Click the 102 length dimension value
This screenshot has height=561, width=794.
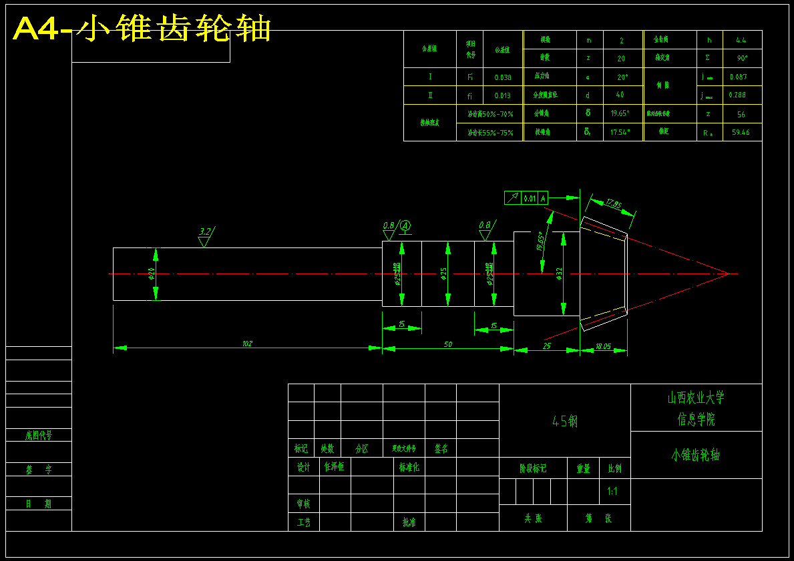(247, 344)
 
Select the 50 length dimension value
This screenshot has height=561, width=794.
(447, 344)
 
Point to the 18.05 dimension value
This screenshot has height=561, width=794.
(603, 346)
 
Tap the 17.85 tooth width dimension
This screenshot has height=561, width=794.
(612, 203)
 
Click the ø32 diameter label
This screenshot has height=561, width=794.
(559, 273)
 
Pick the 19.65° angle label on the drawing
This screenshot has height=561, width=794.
(541, 241)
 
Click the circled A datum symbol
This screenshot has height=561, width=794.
(405, 226)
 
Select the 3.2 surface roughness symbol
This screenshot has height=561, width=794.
(205, 232)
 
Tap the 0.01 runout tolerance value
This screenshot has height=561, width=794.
(530, 198)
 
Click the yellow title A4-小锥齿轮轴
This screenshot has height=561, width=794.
(142, 29)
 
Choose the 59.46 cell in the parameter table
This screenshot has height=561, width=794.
(741, 132)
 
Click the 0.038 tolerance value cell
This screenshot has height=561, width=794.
(503, 77)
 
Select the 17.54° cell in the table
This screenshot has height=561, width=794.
(620, 132)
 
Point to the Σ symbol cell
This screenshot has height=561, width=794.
(707, 58)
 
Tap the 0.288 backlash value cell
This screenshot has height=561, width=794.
(737, 95)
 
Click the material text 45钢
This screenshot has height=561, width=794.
(565, 421)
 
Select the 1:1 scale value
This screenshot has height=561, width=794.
(612, 492)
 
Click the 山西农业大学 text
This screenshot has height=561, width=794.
(696, 398)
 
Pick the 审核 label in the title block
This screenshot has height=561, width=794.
(303, 504)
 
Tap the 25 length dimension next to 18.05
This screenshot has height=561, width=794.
(546, 346)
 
